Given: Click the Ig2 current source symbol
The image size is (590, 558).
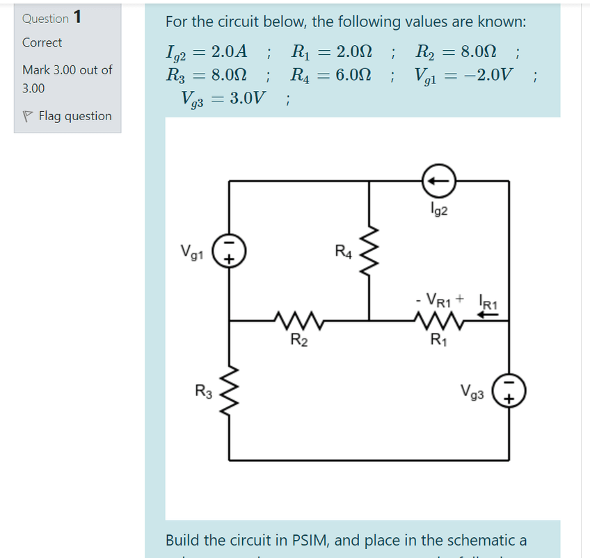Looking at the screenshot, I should click(x=438, y=181).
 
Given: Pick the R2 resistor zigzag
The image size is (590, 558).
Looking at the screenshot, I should click(x=299, y=321).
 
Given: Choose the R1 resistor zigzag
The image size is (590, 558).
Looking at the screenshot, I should click(x=438, y=321).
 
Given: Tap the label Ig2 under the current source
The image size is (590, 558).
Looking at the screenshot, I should click(x=439, y=208).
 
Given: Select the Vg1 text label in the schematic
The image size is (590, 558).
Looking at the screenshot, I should click(x=192, y=251).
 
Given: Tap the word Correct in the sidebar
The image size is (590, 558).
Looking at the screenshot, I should click(x=42, y=42).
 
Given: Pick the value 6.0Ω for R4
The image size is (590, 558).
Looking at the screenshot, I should click(x=353, y=74).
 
